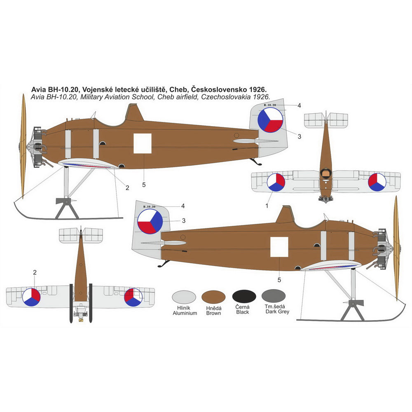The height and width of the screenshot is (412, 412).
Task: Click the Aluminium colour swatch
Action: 184,297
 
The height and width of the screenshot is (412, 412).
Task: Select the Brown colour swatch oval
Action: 213,297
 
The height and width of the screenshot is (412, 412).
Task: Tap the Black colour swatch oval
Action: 244,297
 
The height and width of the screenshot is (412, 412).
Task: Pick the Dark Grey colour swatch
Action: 274,296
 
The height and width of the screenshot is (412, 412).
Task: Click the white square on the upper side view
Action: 143,143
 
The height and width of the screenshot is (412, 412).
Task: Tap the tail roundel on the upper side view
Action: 270,120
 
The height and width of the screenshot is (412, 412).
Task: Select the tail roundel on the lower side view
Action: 150,221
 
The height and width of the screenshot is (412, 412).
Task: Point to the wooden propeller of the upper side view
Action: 23,144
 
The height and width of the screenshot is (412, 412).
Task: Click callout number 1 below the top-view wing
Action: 267,205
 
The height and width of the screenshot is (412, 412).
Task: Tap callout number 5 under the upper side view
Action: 144,185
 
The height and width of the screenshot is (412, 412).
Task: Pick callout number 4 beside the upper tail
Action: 299,105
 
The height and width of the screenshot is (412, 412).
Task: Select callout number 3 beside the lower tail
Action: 184,221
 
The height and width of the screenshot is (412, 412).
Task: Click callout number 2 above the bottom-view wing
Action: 35,272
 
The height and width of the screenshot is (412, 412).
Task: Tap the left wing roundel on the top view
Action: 276,182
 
